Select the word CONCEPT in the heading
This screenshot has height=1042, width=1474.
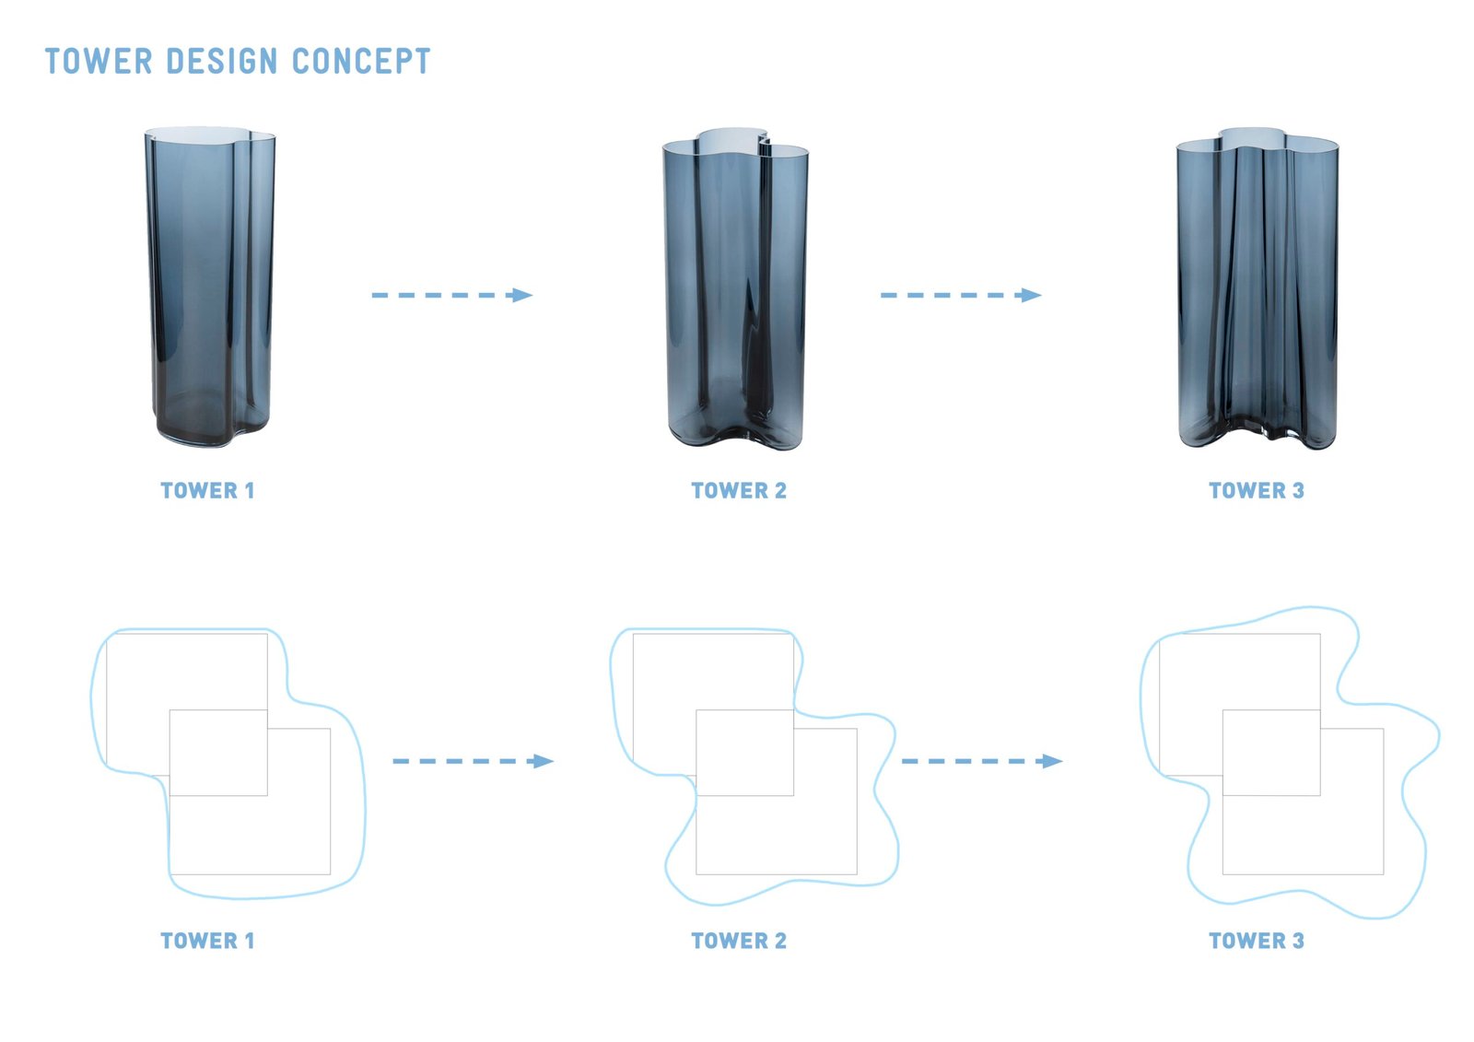pyautogui.click(x=361, y=62)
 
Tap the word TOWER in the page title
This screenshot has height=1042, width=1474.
pyautogui.click(x=99, y=62)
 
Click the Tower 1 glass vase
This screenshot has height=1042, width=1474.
pyautogui.click(x=210, y=286)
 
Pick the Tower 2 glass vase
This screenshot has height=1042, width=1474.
pyautogui.click(x=735, y=290)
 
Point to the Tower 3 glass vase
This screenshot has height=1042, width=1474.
pyautogui.click(x=1257, y=290)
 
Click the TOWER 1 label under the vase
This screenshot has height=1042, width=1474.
pyautogui.click(x=207, y=491)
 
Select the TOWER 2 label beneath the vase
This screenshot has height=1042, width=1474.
pyautogui.click(x=739, y=491)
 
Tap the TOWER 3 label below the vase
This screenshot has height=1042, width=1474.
pyautogui.click(x=1257, y=491)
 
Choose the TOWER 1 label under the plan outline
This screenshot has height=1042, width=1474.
pyautogui.click(x=207, y=941)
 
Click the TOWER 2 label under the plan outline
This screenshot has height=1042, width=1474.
pyautogui.click(x=739, y=941)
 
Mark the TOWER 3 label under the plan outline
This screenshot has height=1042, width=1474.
pyautogui.click(x=1257, y=941)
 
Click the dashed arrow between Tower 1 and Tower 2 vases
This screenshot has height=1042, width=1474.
pyautogui.click(x=451, y=295)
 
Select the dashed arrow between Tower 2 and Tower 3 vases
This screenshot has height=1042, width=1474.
pyautogui.click(x=961, y=295)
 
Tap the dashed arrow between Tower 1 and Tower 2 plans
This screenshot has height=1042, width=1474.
pyautogui.click(x=473, y=761)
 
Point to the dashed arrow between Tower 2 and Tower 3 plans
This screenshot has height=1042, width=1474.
pyautogui.click(x=981, y=761)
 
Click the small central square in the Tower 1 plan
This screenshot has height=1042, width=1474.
pyautogui.click(x=218, y=753)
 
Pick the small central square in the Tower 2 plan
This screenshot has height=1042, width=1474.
pyautogui.click(x=744, y=753)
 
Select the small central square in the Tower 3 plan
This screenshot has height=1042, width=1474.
pyautogui.click(x=1271, y=753)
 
